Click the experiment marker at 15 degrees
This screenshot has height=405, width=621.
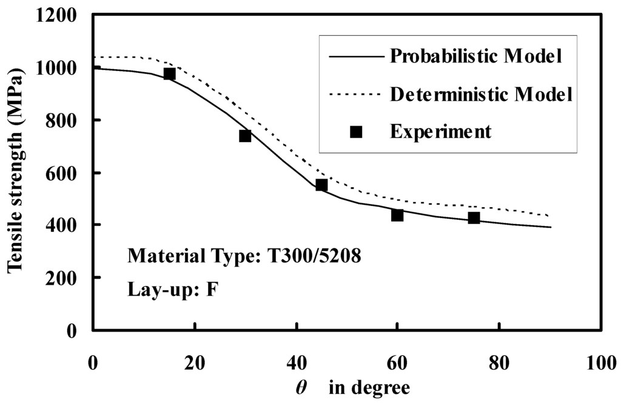click(169, 73)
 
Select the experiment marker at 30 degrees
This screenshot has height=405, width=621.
click(245, 135)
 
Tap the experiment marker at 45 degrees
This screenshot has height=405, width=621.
click(321, 185)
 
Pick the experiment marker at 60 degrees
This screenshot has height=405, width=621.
click(397, 215)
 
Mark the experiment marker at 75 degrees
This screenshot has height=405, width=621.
click(474, 217)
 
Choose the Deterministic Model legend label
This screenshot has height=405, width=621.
click(481, 94)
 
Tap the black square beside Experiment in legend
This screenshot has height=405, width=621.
click(357, 132)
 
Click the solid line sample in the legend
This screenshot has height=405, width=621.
click(356, 56)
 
